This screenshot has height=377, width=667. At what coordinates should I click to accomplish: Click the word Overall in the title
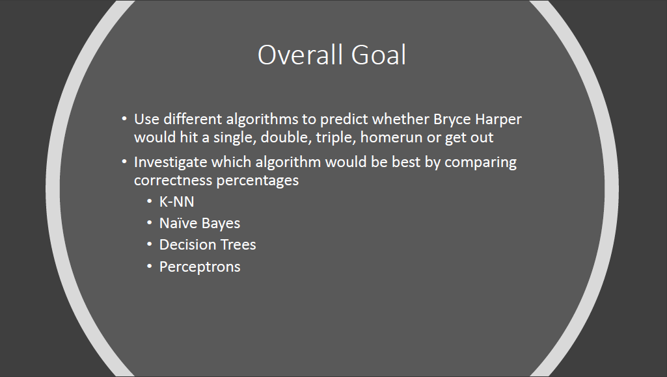(x=301, y=55)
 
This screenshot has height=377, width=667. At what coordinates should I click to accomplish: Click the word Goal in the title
(x=379, y=55)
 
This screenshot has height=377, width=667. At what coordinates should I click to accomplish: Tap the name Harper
(x=498, y=120)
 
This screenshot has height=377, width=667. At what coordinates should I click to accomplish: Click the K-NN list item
(x=176, y=201)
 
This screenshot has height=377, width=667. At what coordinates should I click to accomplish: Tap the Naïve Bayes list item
(x=200, y=224)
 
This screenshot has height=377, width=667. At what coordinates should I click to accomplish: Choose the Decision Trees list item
(x=208, y=245)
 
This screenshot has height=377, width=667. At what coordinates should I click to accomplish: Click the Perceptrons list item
(x=200, y=267)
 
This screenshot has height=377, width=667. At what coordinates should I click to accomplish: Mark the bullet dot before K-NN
(x=149, y=201)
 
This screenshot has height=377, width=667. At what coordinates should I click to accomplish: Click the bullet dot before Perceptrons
(x=149, y=266)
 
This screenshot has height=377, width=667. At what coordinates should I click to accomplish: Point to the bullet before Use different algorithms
(x=124, y=118)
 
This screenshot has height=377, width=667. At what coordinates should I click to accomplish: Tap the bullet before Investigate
(x=124, y=161)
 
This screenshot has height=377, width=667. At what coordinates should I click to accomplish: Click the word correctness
(x=173, y=180)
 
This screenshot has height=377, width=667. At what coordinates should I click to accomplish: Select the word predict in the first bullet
(x=344, y=120)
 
